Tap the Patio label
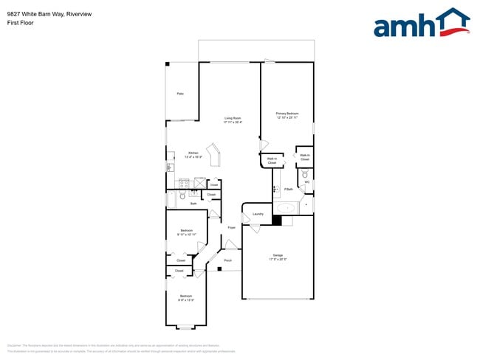coord(179,94)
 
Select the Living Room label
coord(233,120)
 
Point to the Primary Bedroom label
coord(287,115)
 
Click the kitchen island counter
coord(215,156)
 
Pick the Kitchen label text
coord(192,154)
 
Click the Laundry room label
coord(258,215)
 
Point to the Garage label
coord(278,257)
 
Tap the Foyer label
coord(231,228)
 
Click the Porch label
coord(227,260)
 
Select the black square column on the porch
coord(219,269)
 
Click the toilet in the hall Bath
coord(182,196)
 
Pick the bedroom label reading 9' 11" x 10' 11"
coord(186,232)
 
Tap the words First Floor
coord(19,23)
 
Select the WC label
coord(306,182)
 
